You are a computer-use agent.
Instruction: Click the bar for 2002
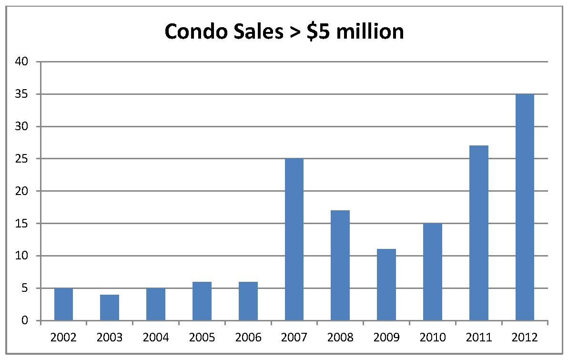pyautogui.click(x=63, y=304)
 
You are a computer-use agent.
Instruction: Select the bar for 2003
pyautogui.click(x=110, y=308)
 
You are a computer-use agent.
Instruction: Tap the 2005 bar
pyautogui.click(x=202, y=301)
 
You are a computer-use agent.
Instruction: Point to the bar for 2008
pyautogui.click(x=340, y=265)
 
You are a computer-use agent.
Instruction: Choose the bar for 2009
pyautogui.click(x=386, y=285)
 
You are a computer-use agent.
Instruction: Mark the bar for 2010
pyautogui.click(x=433, y=272)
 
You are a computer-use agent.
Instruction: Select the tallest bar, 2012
pyautogui.click(x=525, y=207)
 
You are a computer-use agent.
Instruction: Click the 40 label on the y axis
pyautogui.click(x=24, y=62)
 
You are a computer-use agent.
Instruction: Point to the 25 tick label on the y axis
pyautogui.click(x=24, y=159)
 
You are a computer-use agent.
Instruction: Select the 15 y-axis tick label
pyautogui.click(x=24, y=224)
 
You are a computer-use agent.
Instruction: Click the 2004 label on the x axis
pyautogui.click(x=156, y=338)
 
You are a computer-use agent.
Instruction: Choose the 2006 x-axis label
pyautogui.click(x=248, y=338)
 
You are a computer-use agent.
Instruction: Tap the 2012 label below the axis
pyautogui.click(x=525, y=338)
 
